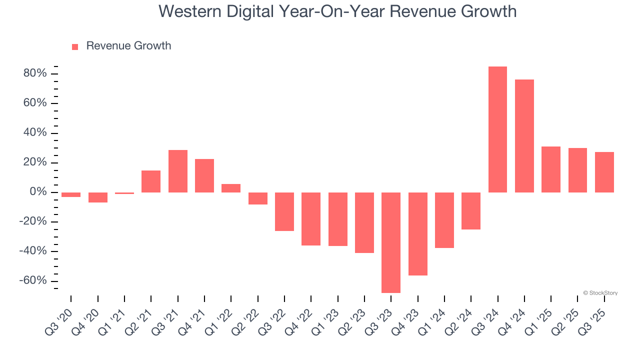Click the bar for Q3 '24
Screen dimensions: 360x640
click(x=497, y=129)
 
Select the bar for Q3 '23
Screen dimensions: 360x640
click(x=391, y=242)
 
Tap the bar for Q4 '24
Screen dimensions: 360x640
click(x=524, y=136)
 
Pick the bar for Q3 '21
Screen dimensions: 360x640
click(x=177, y=171)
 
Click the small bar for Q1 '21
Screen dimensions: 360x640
click(x=124, y=193)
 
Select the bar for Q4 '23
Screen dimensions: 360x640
click(x=417, y=233)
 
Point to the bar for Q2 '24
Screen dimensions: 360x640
click(x=471, y=210)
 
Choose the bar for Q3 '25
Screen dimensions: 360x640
click(x=604, y=172)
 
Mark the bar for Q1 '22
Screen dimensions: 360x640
click(x=231, y=188)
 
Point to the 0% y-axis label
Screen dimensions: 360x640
click(x=38, y=192)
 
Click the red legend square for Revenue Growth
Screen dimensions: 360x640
click(x=75, y=46)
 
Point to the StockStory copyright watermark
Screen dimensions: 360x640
click(x=600, y=293)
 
